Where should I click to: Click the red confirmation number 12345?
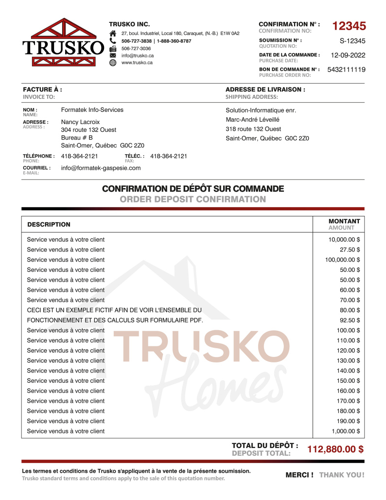349,26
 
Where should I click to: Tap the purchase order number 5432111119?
346,70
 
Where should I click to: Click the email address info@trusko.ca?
138,55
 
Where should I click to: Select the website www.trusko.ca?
137,62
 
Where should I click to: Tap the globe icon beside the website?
113,63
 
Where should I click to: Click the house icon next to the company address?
113,34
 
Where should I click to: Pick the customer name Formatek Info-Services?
92,110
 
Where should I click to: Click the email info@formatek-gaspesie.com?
101,168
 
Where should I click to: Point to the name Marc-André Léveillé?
252,120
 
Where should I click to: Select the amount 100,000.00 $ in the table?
343,260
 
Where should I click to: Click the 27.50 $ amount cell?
350,250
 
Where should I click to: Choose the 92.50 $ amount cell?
350,321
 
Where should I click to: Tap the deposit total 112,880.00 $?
335,449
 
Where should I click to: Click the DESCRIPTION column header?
49,225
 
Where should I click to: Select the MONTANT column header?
344,221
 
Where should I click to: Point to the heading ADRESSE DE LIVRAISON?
265,90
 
